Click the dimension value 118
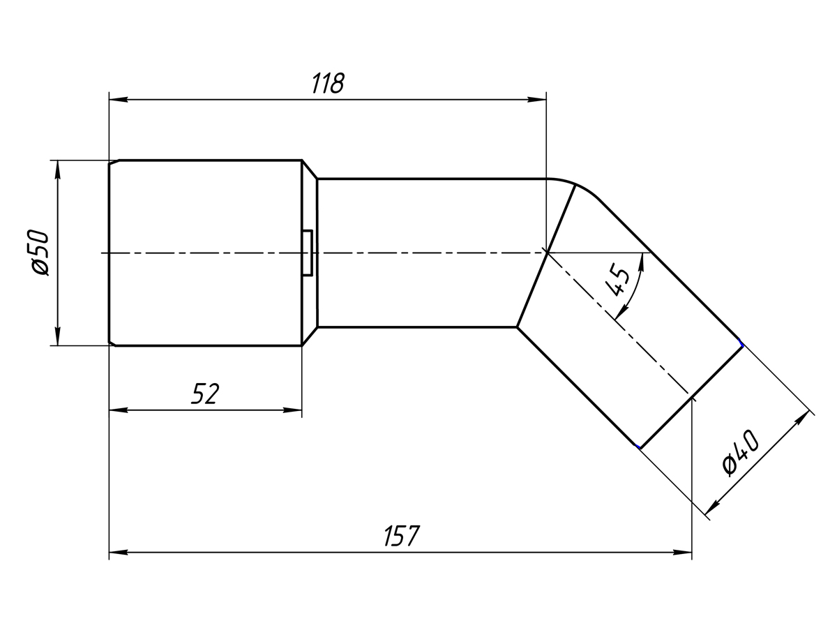[328, 83]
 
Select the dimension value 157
[402, 536]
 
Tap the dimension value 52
[205, 394]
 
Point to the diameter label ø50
[40, 252]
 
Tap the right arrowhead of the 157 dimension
[684, 552]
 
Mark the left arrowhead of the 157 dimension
[118, 552]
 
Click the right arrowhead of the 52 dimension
[293, 410]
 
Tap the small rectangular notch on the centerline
[308, 252]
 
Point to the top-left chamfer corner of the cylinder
[112, 163]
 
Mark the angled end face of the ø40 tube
[691, 396]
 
